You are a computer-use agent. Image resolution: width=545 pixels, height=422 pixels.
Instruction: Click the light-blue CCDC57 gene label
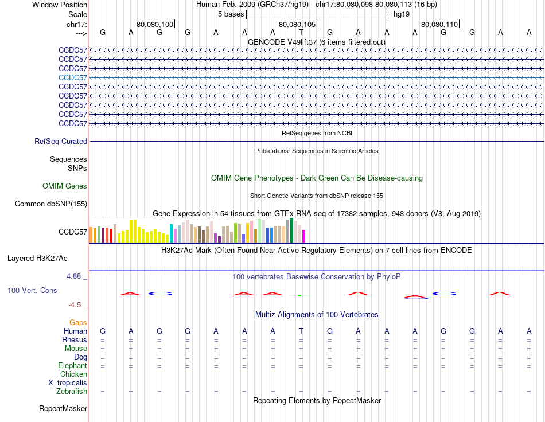tap(73, 77)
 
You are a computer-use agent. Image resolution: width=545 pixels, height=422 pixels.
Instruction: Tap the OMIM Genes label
tap(65, 186)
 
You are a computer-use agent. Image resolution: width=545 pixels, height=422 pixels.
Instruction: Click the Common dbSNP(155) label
tap(51, 204)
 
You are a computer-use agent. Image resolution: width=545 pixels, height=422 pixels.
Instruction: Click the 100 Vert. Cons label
tap(32, 291)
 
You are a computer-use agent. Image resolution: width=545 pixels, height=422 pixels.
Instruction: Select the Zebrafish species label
tap(72, 392)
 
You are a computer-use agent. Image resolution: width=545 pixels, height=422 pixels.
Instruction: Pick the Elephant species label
tap(72, 366)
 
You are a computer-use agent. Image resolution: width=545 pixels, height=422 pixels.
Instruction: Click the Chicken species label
tap(74, 374)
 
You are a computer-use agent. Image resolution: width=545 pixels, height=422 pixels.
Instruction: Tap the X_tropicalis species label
tap(68, 383)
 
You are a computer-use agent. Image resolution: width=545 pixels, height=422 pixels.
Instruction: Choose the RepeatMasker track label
tap(63, 409)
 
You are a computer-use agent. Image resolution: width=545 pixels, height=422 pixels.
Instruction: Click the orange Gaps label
tap(78, 323)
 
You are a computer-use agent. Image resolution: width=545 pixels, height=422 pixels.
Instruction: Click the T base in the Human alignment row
tap(301, 331)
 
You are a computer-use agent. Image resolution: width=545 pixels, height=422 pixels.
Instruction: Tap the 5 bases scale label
tap(231, 14)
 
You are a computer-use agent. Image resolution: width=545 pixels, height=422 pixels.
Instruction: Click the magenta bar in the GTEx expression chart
tap(304, 236)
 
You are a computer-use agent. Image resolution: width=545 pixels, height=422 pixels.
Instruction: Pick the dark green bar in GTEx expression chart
tap(291, 230)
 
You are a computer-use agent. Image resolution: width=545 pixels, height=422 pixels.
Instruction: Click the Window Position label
tap(60, 5)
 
